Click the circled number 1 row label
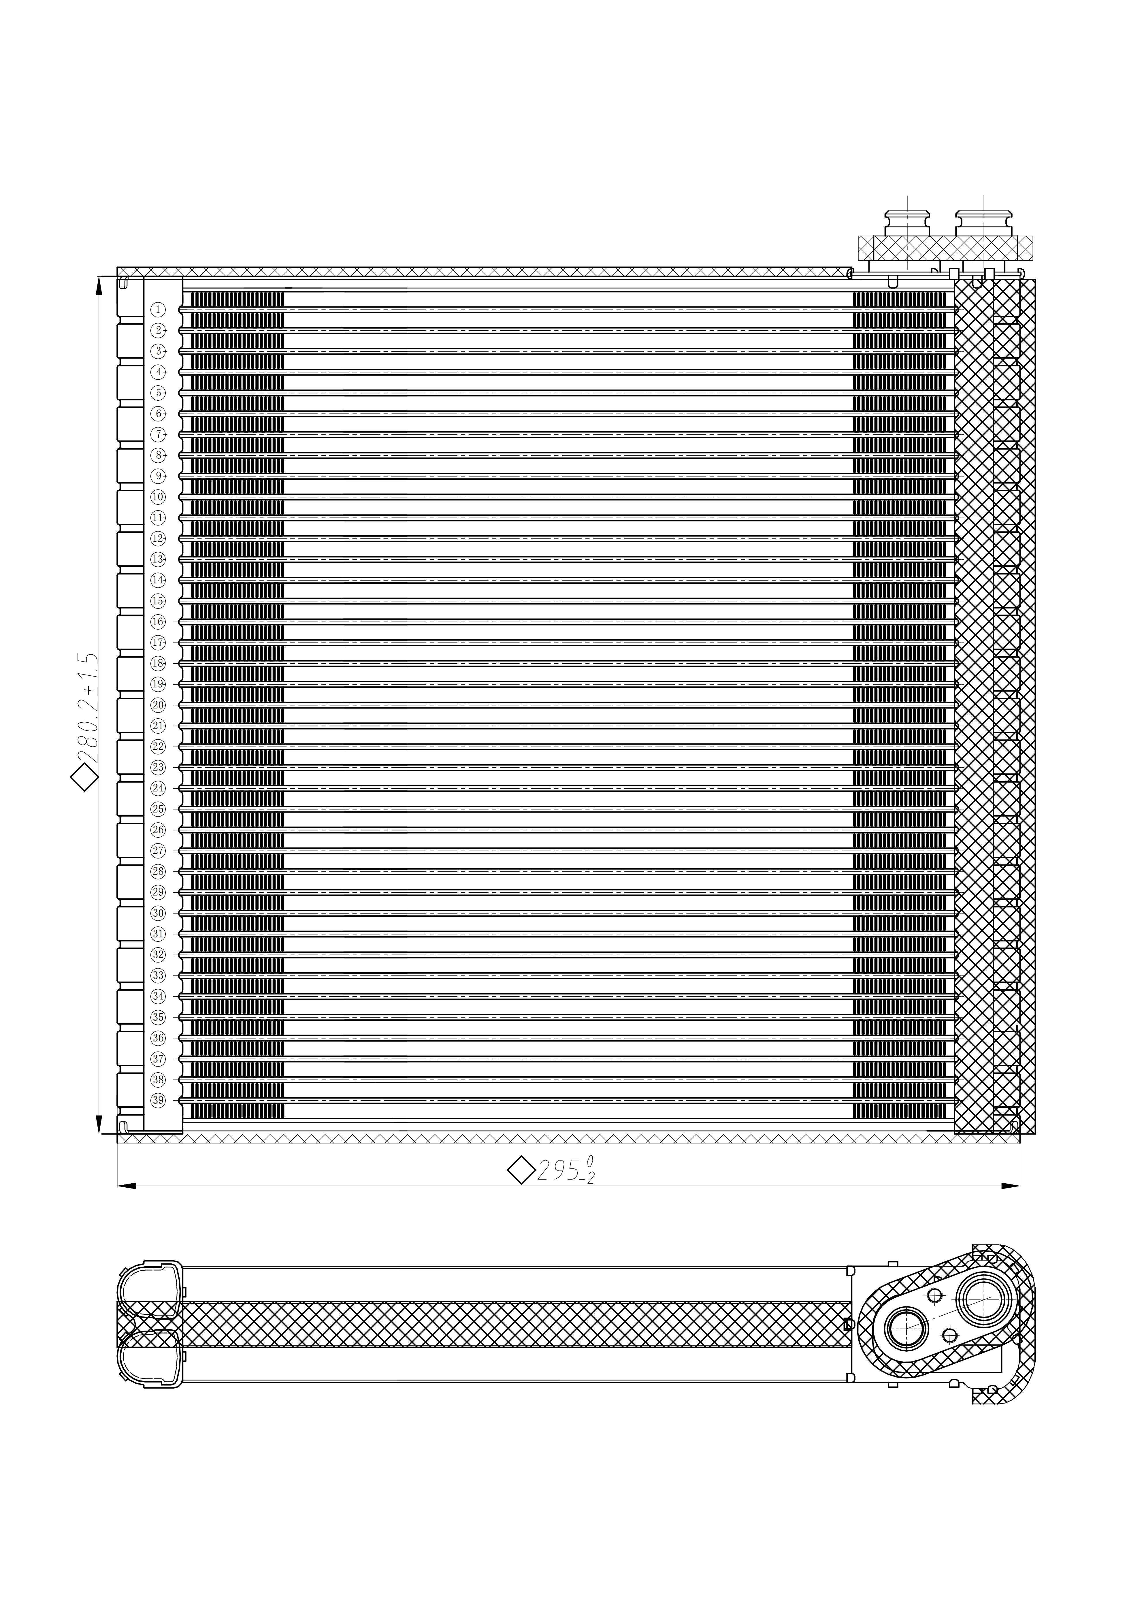158,309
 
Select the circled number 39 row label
158,1100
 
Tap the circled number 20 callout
158,705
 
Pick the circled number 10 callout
158,497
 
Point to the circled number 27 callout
158,851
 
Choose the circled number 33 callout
158,975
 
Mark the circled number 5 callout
158,393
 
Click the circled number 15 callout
158,601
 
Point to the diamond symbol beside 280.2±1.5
84,779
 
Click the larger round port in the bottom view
984,1299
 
